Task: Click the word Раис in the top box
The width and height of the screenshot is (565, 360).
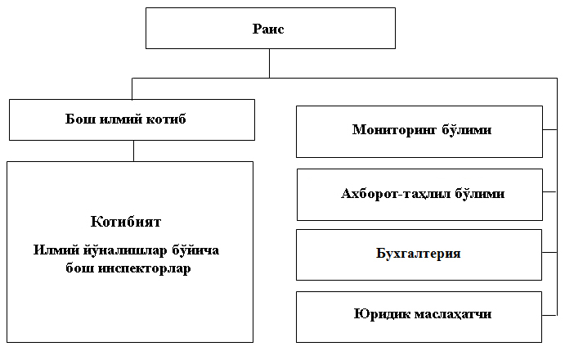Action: point(268,29)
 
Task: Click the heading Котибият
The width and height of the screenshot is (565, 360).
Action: point(126,222)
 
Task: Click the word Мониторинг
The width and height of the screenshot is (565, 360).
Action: point(394,130)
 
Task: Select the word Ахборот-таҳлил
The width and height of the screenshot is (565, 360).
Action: point(396,194)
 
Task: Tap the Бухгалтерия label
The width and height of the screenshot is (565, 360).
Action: point(419,253)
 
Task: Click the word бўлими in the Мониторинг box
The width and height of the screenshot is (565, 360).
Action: point(467,129)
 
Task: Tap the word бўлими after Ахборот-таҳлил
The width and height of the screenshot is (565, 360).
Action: point(480,193)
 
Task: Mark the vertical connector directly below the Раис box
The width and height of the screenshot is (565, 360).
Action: point(269,63)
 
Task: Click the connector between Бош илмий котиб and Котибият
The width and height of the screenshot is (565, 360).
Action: point(133,151)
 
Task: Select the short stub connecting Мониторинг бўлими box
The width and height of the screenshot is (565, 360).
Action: point(549,129)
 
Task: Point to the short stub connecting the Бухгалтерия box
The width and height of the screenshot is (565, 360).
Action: point(549,252)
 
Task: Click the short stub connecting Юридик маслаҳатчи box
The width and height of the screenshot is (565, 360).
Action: point(549,315)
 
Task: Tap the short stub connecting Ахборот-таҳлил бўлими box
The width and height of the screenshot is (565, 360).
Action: point(549,192)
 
